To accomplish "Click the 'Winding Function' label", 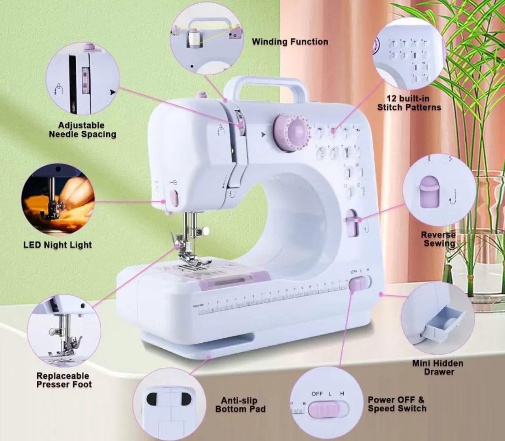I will point(290,42).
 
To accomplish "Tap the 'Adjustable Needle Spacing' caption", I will point(82,130).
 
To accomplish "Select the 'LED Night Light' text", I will point(58,245).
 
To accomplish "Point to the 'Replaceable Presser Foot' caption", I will point(64,380).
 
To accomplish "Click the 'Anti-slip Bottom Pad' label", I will point(240,405).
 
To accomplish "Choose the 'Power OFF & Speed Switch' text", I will point(397,404).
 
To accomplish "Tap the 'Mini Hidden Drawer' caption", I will point(438,367).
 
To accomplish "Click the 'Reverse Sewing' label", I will point(438,239).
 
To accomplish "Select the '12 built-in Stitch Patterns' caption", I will point(409,103).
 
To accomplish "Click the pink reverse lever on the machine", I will point(352,223).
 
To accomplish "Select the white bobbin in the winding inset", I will point(193,40).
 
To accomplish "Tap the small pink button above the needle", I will point(174,199).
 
